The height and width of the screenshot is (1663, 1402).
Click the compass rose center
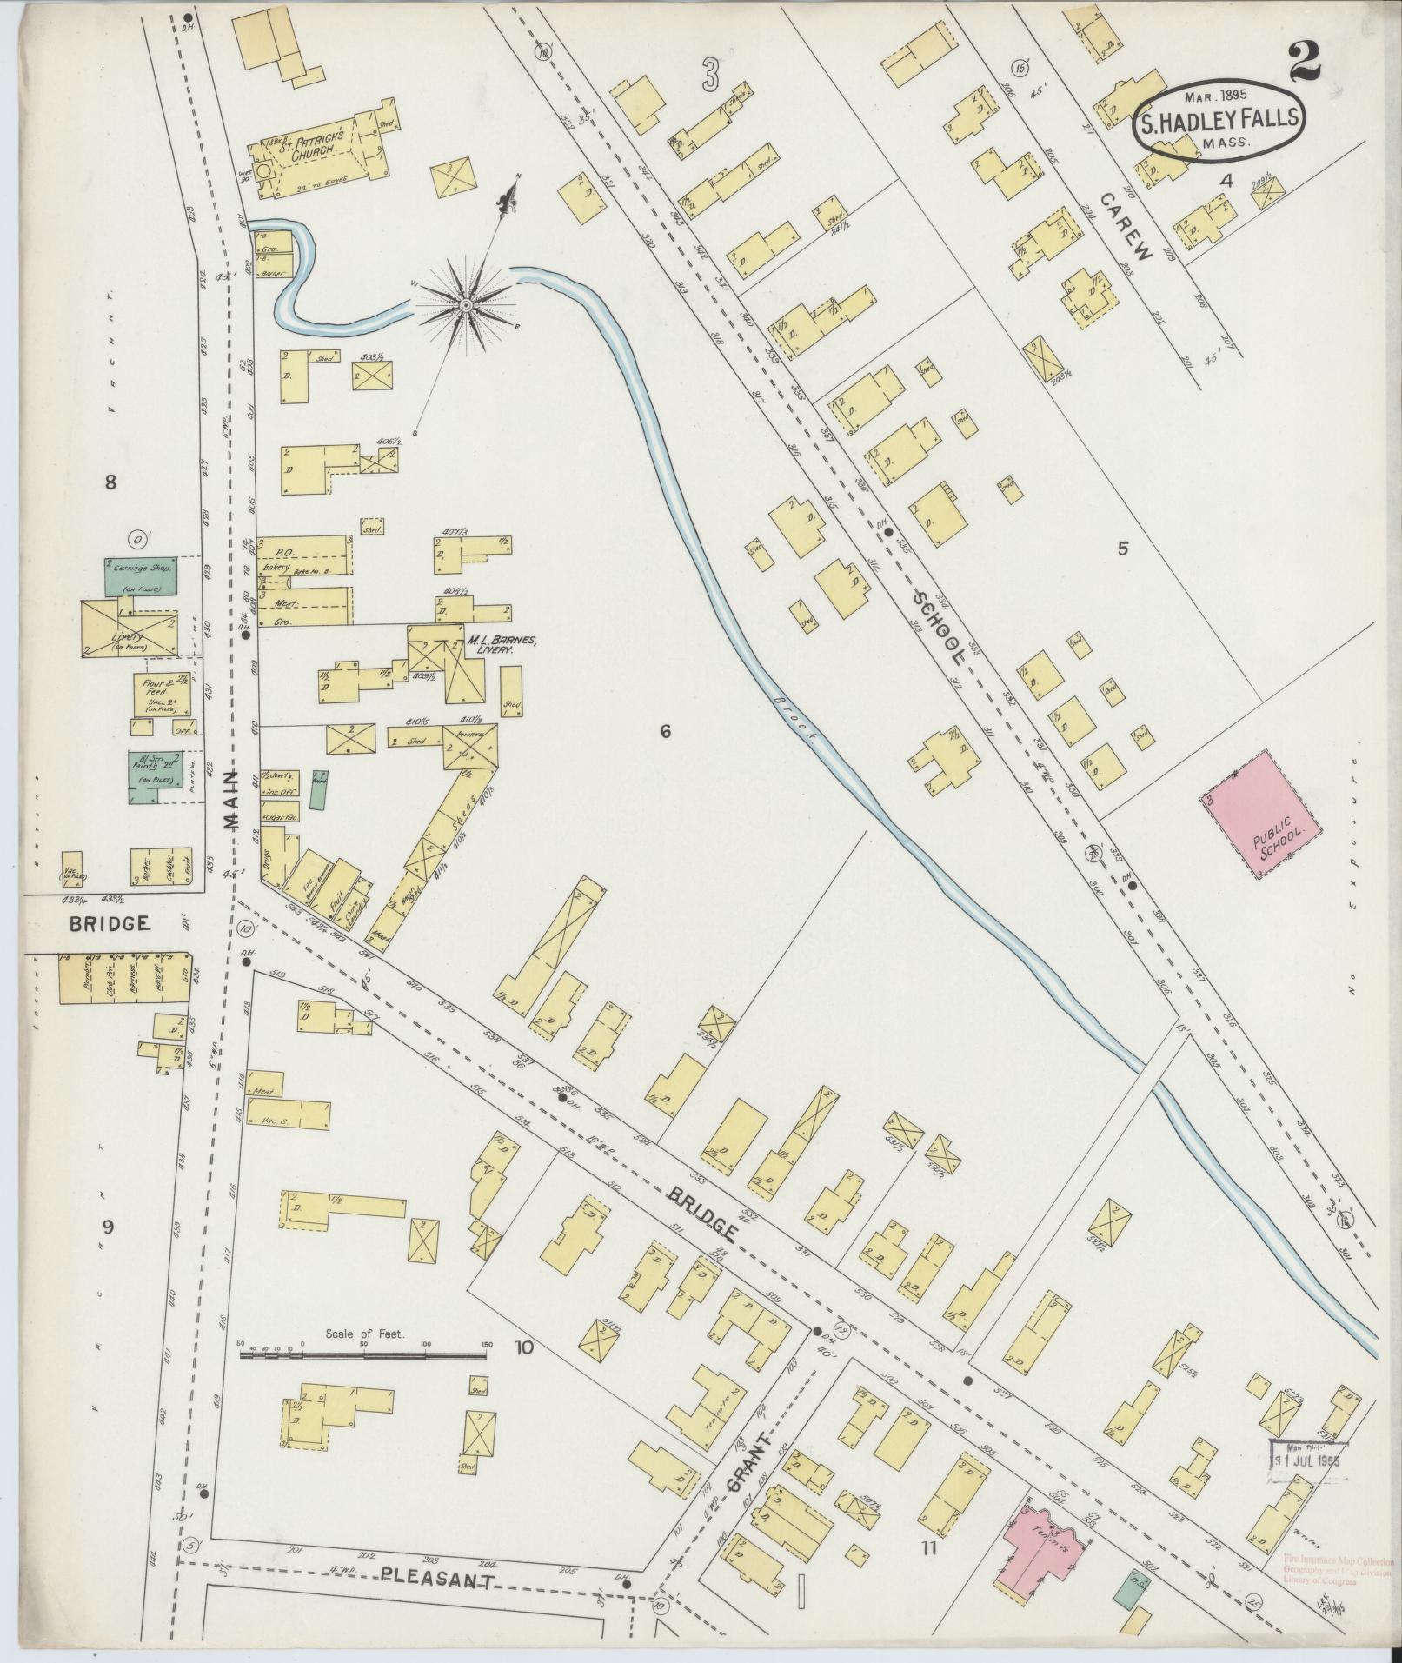(x=466, y=304)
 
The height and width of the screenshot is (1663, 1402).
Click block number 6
(x=665, y=732)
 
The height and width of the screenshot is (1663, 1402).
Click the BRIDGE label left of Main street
(x=110, y=923)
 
